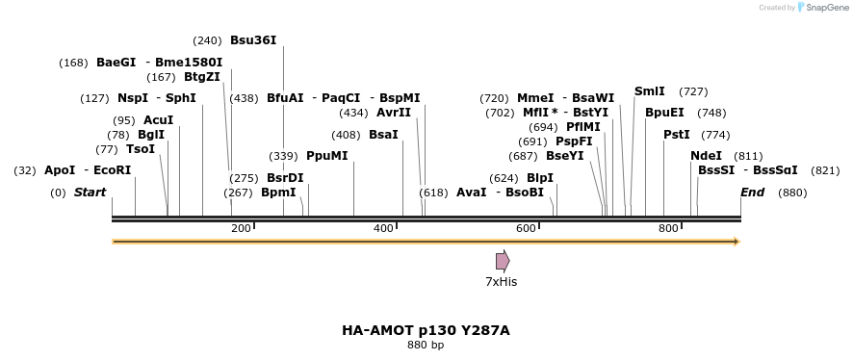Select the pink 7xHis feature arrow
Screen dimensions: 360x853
(503, 261)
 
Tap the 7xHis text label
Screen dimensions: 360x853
(501, 282)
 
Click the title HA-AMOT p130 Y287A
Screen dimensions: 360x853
(426, 330)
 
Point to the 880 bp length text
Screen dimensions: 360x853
(426, 345)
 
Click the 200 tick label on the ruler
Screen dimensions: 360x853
(241, 228)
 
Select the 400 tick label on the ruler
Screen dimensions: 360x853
(383, 228)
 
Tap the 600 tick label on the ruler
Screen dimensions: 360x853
(526, 228)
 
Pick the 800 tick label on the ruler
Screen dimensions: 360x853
(668, 228)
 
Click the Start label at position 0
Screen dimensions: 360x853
(90, 193)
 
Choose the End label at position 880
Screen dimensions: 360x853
(752, 193)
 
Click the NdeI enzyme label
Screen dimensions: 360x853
(706, 156)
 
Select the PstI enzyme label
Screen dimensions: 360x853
(677, 135)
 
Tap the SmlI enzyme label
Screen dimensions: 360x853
(649, 91)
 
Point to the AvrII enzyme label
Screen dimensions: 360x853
(394, 113)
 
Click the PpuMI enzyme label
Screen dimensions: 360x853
(327, 156)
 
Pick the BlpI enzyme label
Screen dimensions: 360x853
(540, 178)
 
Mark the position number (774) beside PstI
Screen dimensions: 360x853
(715, 135)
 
